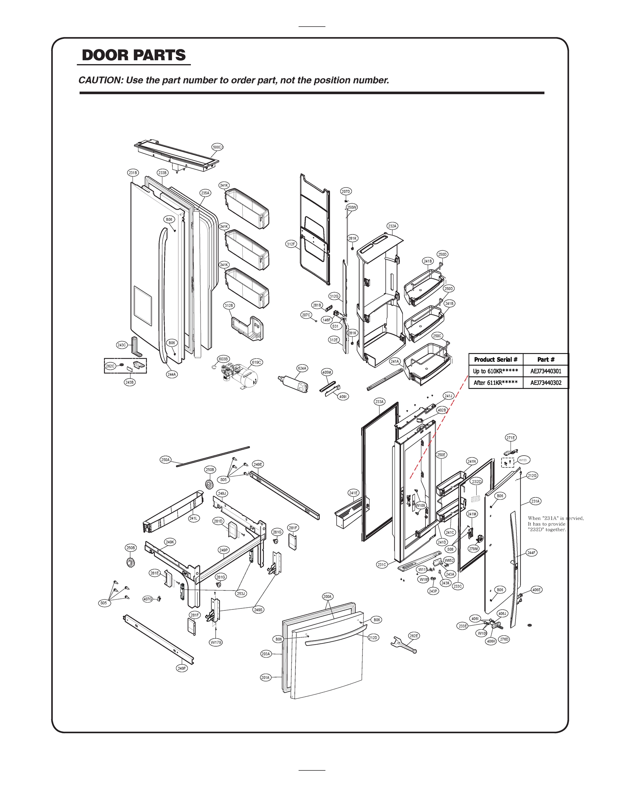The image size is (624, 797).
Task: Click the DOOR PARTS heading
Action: (134, 55)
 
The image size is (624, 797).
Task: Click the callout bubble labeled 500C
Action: (217, 147)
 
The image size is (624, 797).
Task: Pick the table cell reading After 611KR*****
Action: (496, 383)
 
